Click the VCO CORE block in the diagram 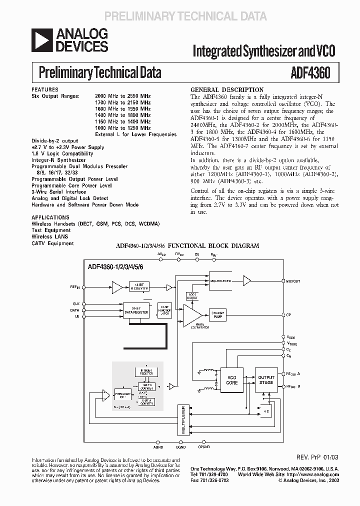232,379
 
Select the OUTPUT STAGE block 266,379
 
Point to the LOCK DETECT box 192,296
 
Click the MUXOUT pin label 293,281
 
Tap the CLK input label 76,303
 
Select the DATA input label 75,310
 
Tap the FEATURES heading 45,89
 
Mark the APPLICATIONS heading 50,217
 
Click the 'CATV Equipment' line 52,243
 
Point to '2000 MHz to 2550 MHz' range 123,95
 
